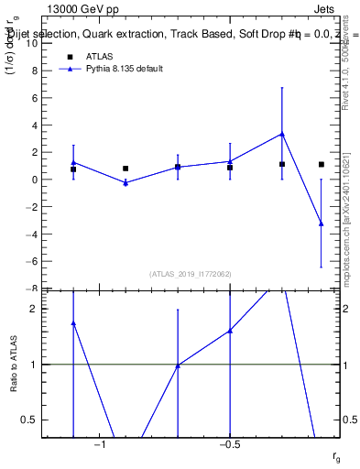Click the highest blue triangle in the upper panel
pos(282,134)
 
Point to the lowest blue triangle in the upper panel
pos(321,224)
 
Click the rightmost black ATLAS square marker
pos(321,164)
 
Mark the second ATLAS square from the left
pos(125,169)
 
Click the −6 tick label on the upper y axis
pos(32,261)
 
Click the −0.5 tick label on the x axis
pos(229,444)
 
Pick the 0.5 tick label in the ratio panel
pos(30,420)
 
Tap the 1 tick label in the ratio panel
pos(34,365)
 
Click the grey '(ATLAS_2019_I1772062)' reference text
pos(191,274)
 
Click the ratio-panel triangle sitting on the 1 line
pos(178,365)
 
